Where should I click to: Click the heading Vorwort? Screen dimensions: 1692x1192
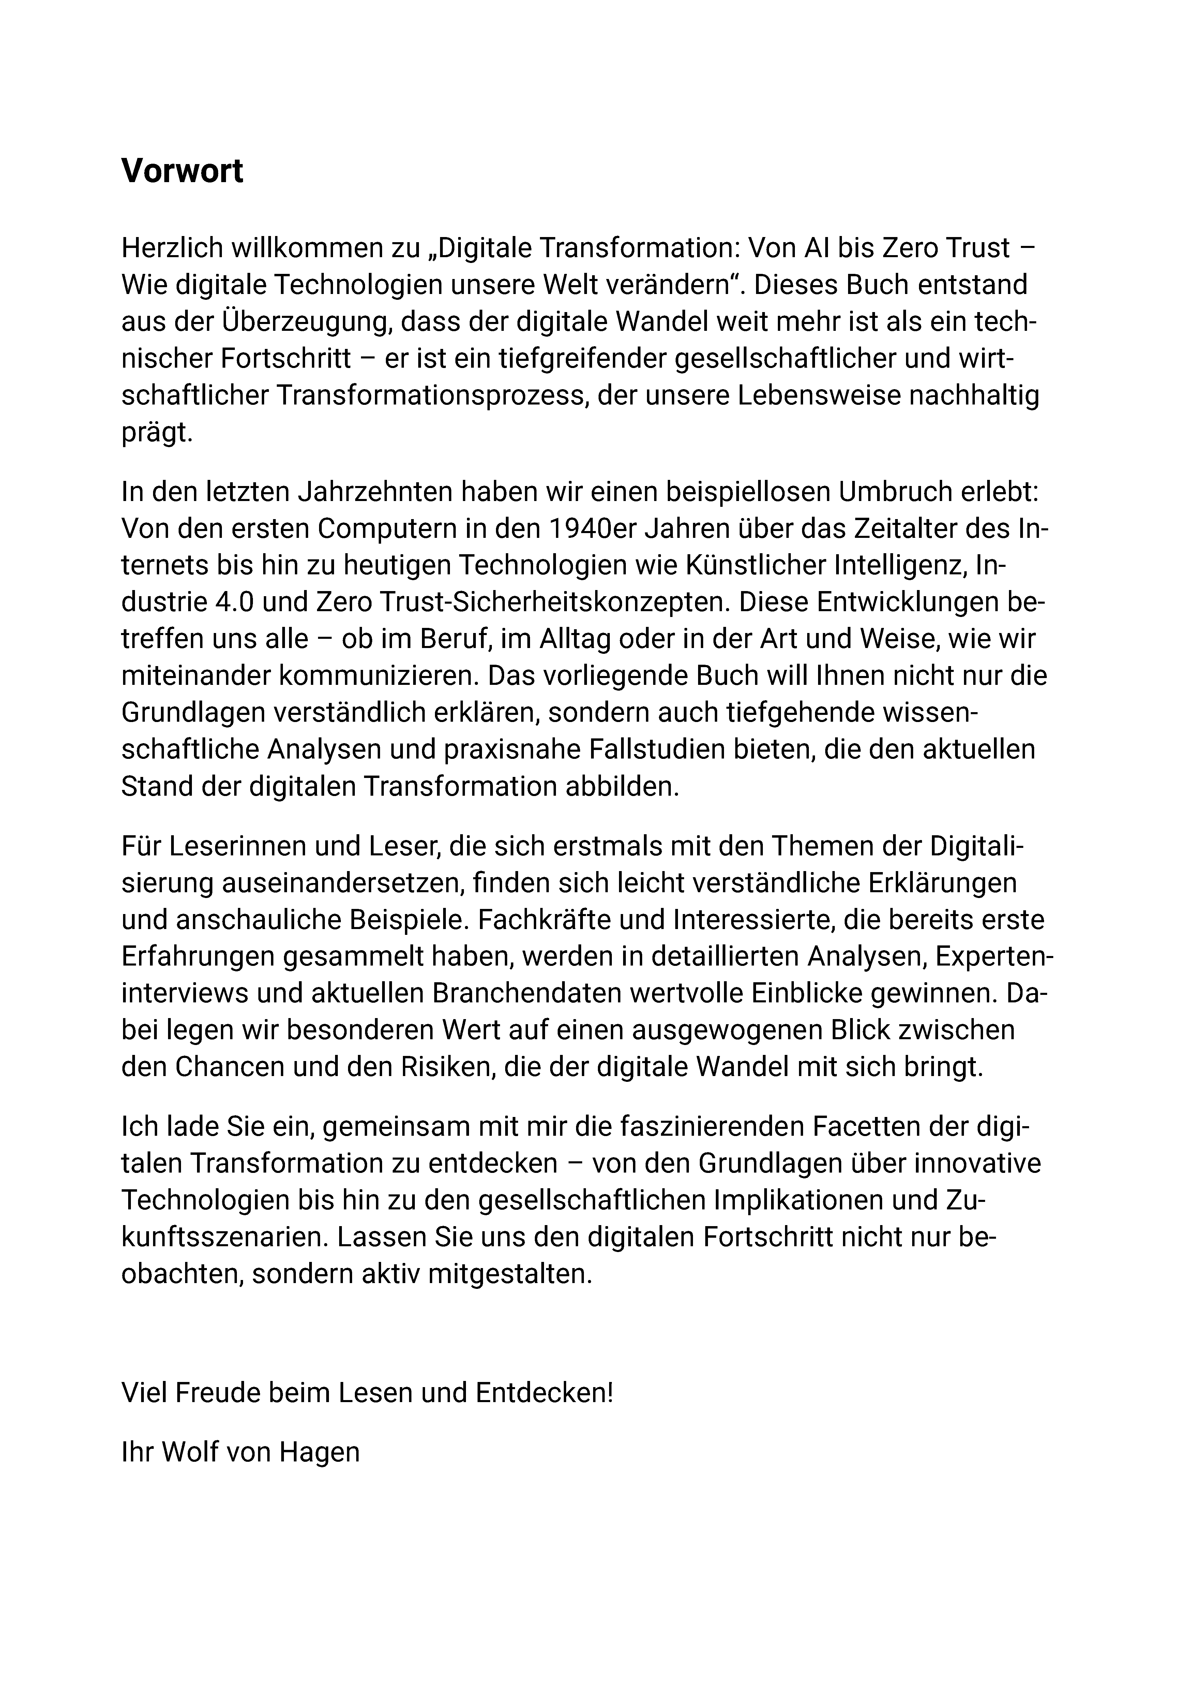(x=182, y=172)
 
